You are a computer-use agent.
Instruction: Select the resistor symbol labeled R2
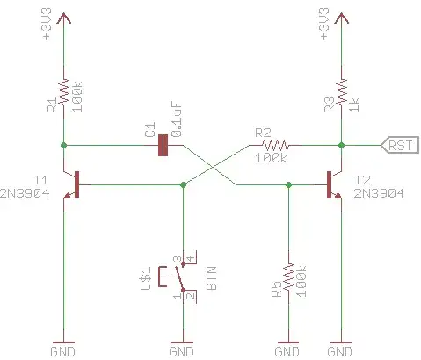point(274,144)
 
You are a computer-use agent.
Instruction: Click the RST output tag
point(398,144)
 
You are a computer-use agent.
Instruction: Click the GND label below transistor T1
point(64,350)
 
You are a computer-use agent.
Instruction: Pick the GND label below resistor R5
point(287,350)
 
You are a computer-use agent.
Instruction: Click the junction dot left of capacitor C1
point(64,144)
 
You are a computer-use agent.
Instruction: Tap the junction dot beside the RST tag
point(341,144)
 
